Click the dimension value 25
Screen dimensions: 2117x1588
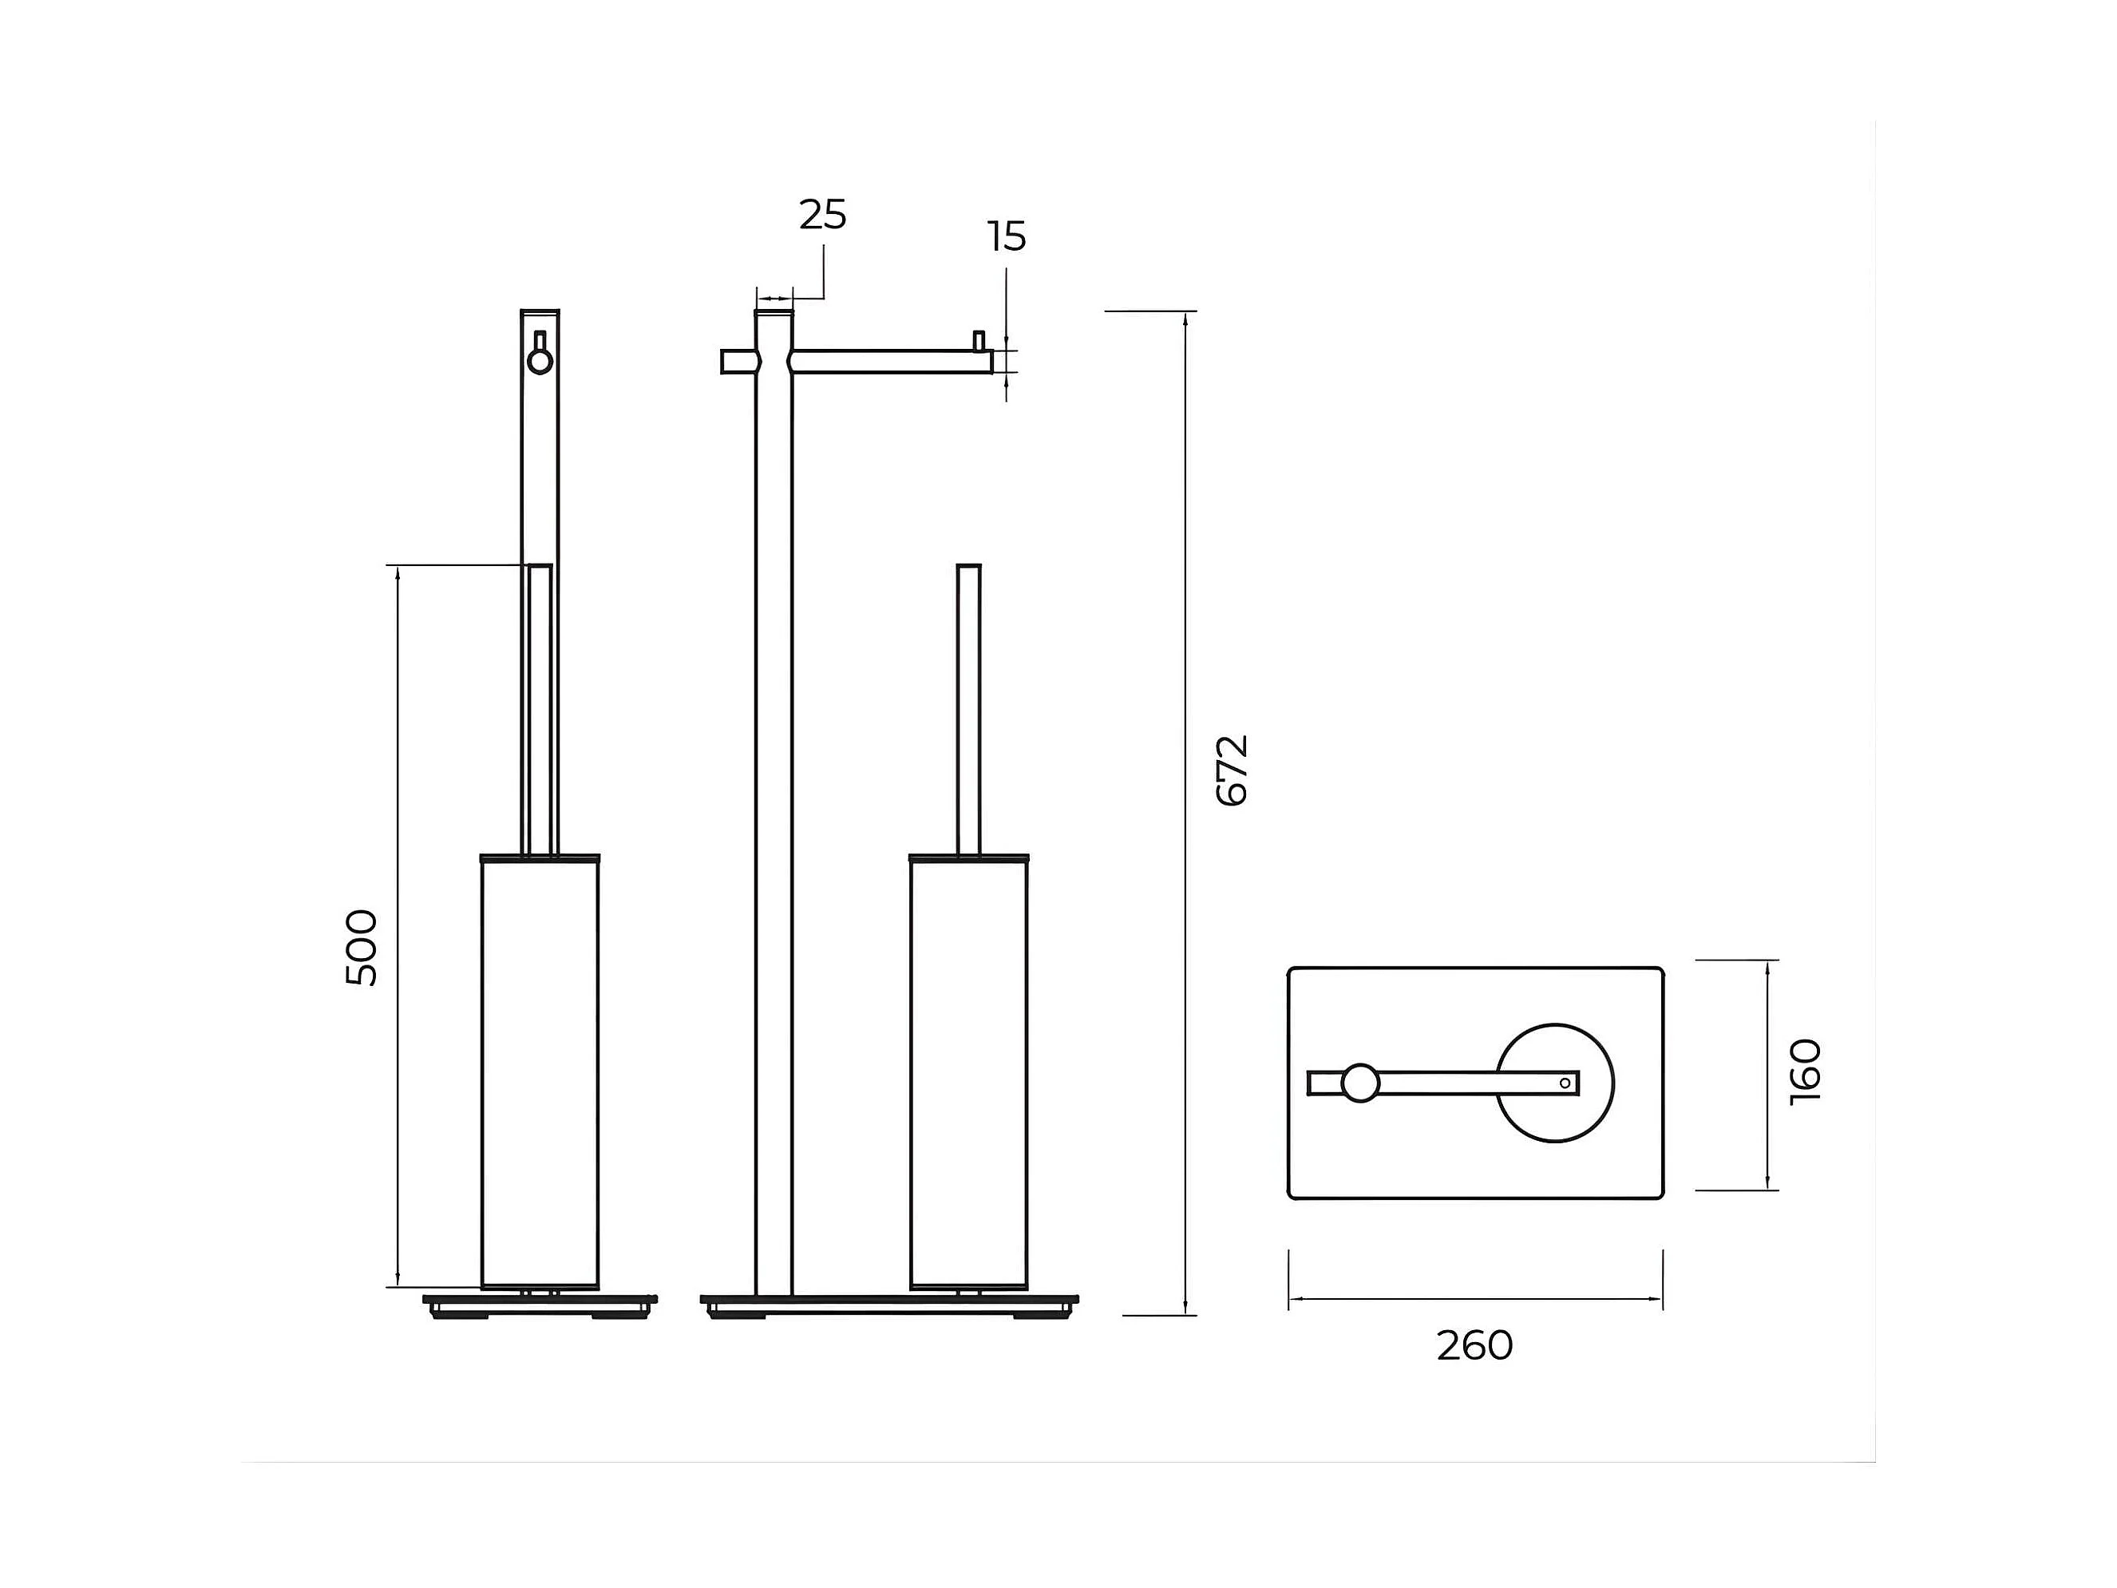pos(822,216)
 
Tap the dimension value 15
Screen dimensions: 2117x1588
pos(1007,236)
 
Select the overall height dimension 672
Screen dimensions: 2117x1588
pos(1232,770)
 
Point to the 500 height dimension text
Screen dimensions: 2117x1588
pos(362,948)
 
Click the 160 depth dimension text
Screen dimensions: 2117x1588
pos(1805,1071)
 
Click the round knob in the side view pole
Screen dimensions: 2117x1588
pos(540,362)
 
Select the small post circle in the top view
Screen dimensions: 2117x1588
pos(1360,1083)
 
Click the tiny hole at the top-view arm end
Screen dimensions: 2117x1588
pos(1565,1083)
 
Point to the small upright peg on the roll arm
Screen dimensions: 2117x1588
pos(978,341)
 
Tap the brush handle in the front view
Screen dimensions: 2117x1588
pos(968,708)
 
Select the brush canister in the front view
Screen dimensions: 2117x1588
pos(968,1072)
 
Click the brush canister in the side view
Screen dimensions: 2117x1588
pos(540,1072)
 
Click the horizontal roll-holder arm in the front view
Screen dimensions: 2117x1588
pos(890,362)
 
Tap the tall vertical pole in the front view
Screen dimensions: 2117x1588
pos(774,814)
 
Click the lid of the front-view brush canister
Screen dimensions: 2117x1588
pos(968,857)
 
